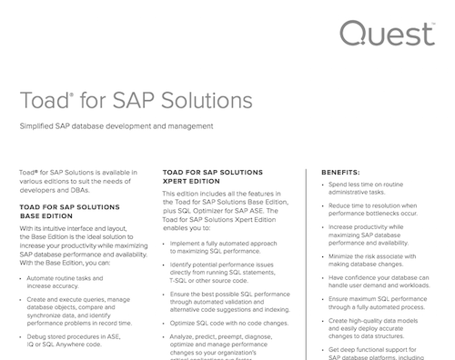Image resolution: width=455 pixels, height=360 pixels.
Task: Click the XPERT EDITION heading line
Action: click(x=192, y=180)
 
